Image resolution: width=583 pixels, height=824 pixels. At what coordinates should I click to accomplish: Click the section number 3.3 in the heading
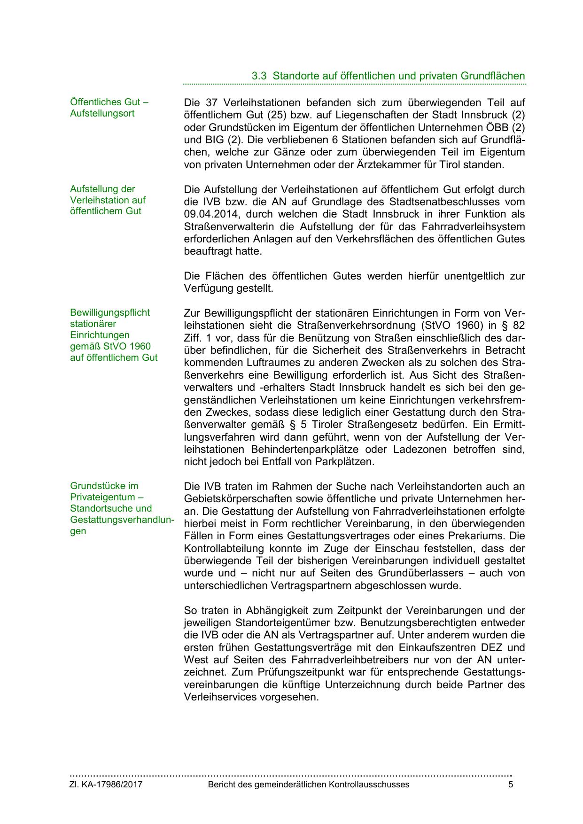coord(259,76)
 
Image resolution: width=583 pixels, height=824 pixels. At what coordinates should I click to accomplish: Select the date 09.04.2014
coord(211,214)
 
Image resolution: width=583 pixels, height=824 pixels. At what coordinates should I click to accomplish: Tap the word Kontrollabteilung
coord(224,548)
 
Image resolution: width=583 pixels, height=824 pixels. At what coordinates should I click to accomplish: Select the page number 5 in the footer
coord(511,785)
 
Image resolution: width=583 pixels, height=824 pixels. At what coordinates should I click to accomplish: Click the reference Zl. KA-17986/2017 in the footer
coord(106,785)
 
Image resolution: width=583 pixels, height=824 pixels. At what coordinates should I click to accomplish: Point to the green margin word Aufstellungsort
coord(102,113)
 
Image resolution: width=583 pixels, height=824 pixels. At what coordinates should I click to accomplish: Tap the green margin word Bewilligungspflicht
coord(110,312)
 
